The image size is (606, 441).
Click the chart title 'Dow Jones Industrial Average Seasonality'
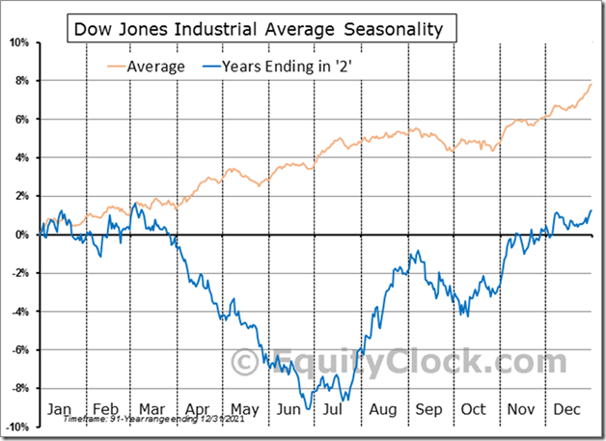tap(259, 29)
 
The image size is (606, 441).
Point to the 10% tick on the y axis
tap(19, 42)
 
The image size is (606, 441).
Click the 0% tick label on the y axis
tap(22, 234)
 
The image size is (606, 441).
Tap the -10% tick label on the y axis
tap(17, 426)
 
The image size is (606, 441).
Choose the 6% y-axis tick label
tap(22, 120)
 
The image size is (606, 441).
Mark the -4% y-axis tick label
tap(20, 311)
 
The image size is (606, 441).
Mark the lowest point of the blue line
tap(309, 408)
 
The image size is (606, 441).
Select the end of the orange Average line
tap(591, 85)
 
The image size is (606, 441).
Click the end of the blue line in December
tap(591, 210)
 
